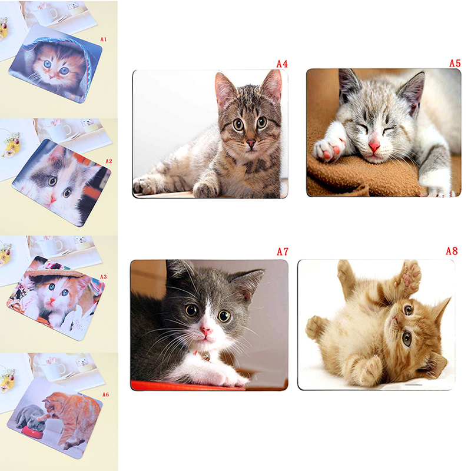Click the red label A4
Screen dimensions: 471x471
(x=282, y=64)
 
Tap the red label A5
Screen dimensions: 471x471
(x=455, y=63)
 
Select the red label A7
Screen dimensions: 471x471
(x=283, y=251)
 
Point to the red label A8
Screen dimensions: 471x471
(x=452, y=251)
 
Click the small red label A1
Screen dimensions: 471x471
(x=104, y=39)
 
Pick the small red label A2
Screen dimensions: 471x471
(x=108, y=161)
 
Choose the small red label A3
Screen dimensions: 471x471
(x=104, y=277)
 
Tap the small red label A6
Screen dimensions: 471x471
(x=105, y=394)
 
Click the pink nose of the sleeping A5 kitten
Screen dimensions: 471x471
(x=374, y=147)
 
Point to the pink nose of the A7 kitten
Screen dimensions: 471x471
(x=207, y=331)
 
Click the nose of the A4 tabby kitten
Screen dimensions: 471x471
(x=251, y=143)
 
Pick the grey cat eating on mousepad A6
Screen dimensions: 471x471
(x=31, y=417)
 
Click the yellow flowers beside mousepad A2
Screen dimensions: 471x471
(x=11, y=145)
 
